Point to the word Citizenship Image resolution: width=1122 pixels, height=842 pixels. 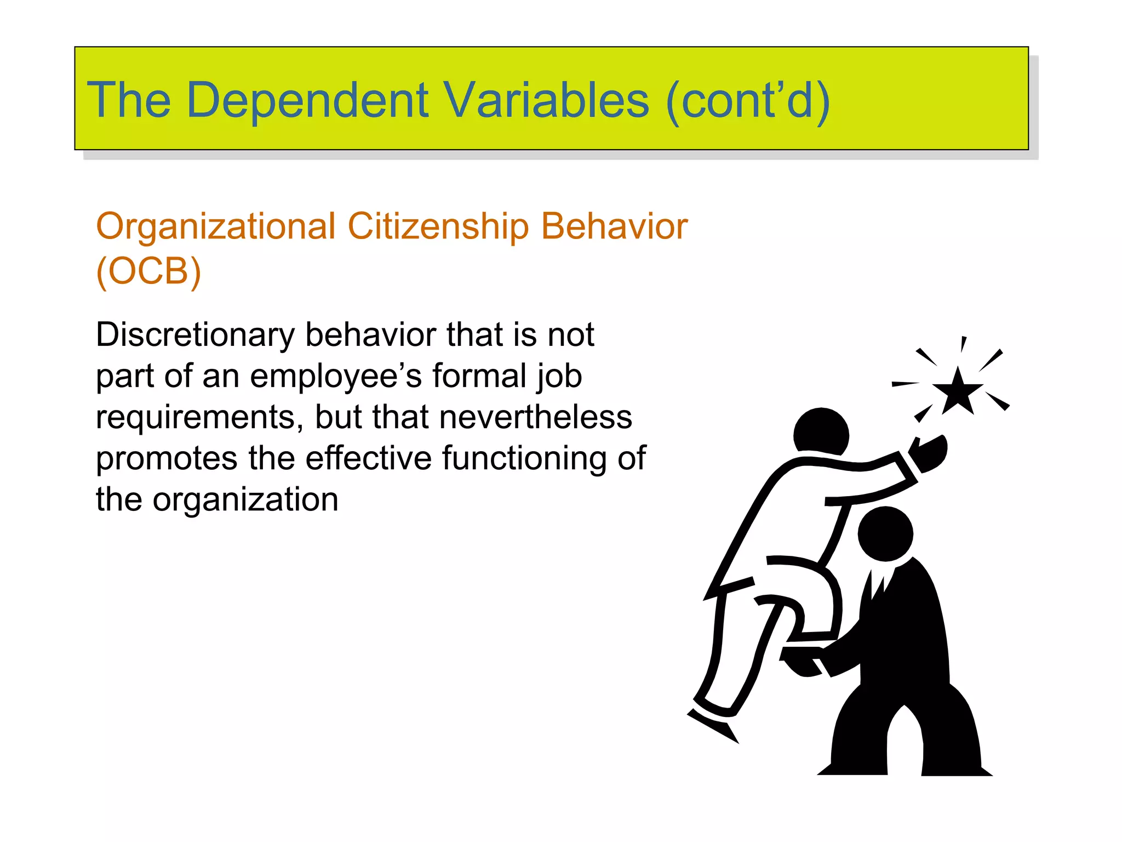click(438, 226)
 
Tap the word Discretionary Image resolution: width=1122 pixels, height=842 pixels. click(195, 335)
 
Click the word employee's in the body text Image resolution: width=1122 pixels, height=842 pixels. click(335, 376)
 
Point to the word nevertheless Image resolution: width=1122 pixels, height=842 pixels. click(535, 417)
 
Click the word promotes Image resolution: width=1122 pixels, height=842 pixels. click(167, 458)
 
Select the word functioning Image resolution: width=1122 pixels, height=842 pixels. click(524, 458)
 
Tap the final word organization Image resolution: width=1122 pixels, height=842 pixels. click(245, 499)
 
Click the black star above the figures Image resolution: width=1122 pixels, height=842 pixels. click(957, 392)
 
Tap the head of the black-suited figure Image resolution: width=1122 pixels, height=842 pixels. click(885, 534)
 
